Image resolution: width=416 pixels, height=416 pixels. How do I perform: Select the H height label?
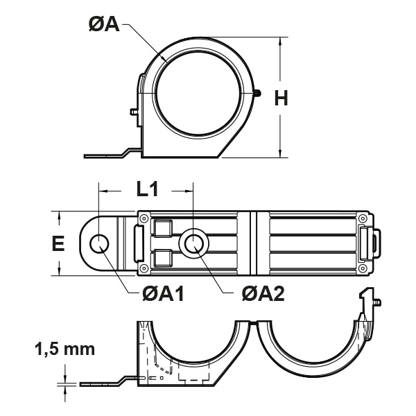(x=281, y=98)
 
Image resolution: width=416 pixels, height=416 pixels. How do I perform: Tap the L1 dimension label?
(x=146, y=188)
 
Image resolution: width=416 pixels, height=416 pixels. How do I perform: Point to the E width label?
(x=58, y=243)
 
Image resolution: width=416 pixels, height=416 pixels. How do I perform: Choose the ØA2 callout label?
(x=263, y=294)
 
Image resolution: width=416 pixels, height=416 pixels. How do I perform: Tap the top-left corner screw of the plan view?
(x=143, y=218)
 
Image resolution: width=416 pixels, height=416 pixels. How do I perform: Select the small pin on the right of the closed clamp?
(x=258, y=91)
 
